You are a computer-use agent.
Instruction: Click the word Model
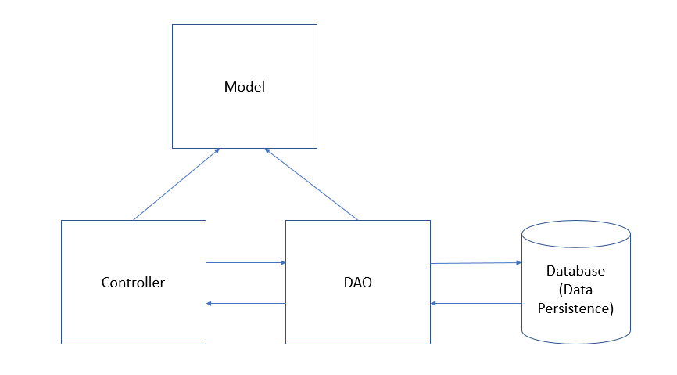click(244, 87)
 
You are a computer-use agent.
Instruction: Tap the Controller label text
click(133, 283)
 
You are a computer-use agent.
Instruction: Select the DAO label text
click(357, 283)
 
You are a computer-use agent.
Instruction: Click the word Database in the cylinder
click(575, 271)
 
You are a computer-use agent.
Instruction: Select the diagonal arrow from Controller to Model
click(176, 184)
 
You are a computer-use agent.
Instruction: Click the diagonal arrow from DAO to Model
click(311, 184)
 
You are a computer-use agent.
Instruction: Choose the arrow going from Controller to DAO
click(245, 263)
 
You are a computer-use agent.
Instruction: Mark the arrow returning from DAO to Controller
click(245, 303)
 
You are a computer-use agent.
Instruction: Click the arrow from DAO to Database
click(475, 263)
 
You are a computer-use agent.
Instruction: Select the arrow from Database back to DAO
click(475, 303)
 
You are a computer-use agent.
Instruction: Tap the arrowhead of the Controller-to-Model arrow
click(217, 150)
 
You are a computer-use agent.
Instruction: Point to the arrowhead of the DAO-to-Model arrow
click(267, 150)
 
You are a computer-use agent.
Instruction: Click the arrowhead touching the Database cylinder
click(518, 263)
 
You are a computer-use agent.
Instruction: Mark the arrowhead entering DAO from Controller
click(282, 263)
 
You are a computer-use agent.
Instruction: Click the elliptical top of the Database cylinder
click(575, 233)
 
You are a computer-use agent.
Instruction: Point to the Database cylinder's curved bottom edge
click(575, 342)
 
